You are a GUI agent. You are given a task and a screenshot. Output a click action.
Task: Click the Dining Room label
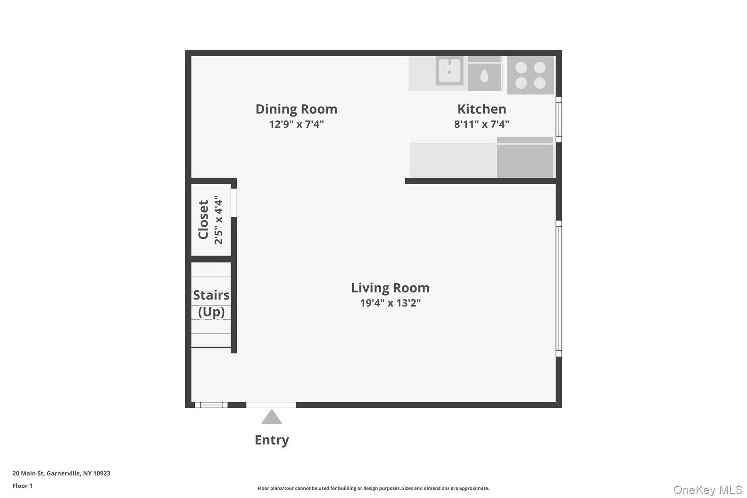[x=296, y=109]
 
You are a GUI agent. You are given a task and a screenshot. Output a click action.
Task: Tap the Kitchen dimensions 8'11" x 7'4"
[x=481, y=124]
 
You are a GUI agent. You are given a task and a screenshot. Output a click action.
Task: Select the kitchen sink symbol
[x=449, y=71]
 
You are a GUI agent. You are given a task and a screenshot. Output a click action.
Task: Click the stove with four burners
[x=530, y=75]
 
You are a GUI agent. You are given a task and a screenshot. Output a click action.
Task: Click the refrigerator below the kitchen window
[x=525, y=159]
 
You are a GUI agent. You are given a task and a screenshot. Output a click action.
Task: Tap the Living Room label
[x=390, y=288]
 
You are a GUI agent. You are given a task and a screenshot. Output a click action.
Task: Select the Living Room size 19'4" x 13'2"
[x=390, y=303]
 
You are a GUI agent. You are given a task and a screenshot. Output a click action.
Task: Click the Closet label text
[x=203, y=220]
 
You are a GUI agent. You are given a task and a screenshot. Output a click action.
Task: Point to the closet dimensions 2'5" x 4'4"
[x=218, y=220]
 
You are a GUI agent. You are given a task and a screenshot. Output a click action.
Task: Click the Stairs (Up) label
[x=211, y=304]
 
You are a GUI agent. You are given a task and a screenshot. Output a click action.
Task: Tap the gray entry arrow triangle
[x=271, y=418]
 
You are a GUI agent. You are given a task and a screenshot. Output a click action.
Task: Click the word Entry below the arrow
[x=272, y=440]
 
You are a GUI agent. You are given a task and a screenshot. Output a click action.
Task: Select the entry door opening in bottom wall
[x=271, y=405]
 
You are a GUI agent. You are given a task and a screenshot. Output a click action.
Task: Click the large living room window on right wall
[x=559, y=288]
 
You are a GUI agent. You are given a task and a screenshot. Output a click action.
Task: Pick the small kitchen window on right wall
[x=559, y=119]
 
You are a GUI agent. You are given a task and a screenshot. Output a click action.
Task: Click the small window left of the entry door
[x=211, y=405]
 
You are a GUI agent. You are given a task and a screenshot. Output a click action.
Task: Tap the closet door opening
[x=234, y=202]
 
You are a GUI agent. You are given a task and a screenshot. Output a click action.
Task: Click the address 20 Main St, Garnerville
[x=61, y=473]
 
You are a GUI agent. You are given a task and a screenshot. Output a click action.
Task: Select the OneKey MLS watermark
[x=708, y=490]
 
